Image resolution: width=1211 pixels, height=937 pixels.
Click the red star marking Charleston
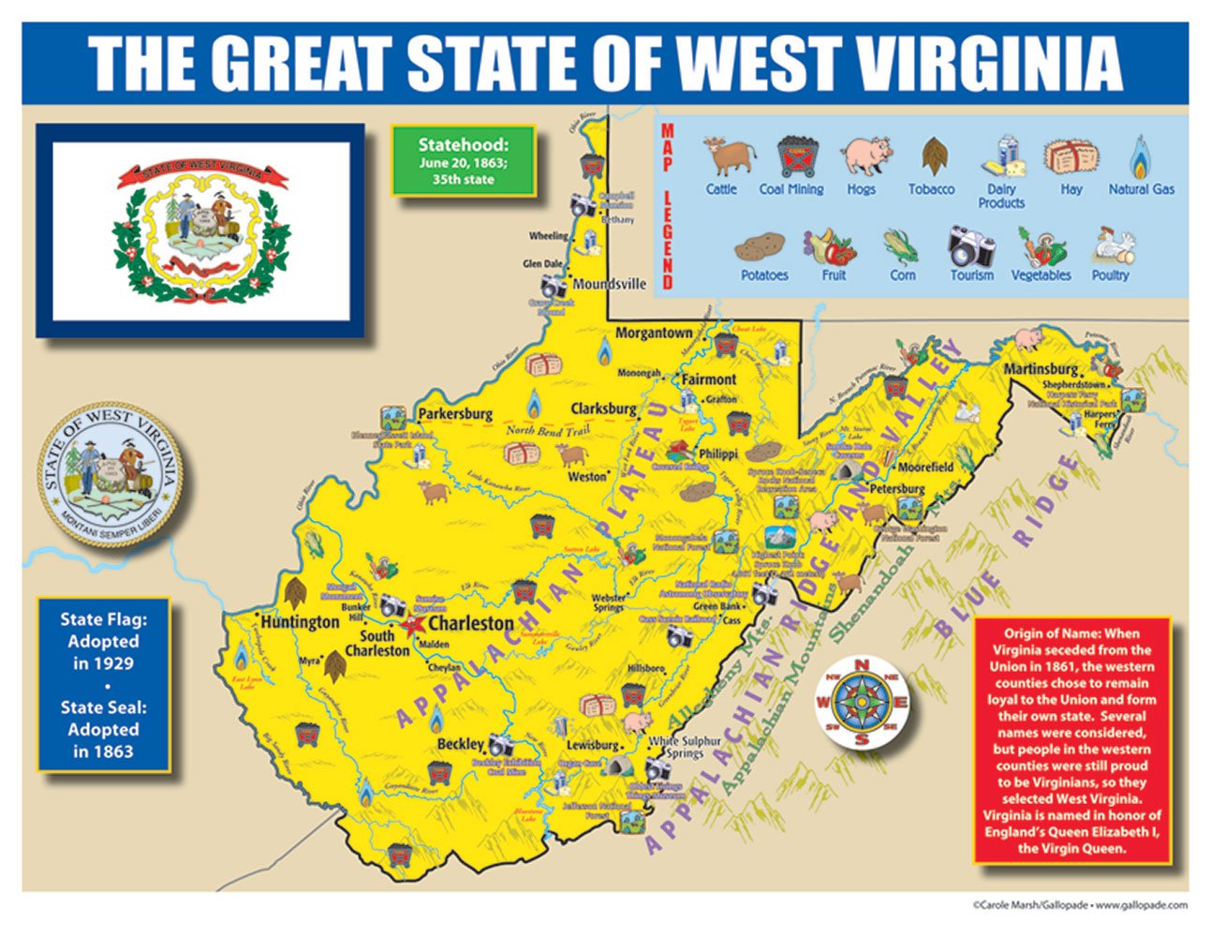click(x=412, y=624)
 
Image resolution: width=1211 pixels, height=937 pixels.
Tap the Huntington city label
click(x=300, y=621)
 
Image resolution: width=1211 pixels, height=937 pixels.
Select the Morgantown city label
click(x=654, y=333)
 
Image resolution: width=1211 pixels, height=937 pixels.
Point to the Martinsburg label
click(x=1040, y=368)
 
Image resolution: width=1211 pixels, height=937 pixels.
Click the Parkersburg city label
click(x=455, y=413)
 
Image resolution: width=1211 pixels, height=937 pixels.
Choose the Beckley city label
click(x=460, y=744)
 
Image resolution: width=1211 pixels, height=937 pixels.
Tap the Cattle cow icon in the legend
click(x=728, y=156)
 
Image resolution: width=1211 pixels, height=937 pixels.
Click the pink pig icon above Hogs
click(x=864, y=156)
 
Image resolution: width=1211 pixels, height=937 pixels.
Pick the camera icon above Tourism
click(x=971, y=245)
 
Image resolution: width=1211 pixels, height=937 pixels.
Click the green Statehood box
click(x=464, y=161)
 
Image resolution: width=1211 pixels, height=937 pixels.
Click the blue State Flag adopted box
click(x=103, y=685)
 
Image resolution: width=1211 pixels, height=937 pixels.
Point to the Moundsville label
click(x=609, y=283)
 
